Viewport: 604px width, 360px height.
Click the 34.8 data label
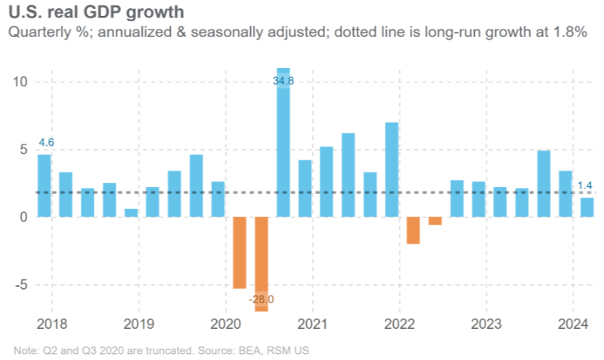click(283, 80)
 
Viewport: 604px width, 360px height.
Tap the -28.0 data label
click(262, 299)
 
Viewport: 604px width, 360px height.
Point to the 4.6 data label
click(45, 142)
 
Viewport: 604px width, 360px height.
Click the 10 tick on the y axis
click(20, 82)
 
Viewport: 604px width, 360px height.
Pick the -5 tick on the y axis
click(20, 285)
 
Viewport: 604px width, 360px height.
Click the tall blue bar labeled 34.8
click(283, 144)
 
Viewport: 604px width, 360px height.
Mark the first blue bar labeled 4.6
click(45, 186)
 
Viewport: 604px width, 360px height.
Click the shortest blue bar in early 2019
click(131, 213)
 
